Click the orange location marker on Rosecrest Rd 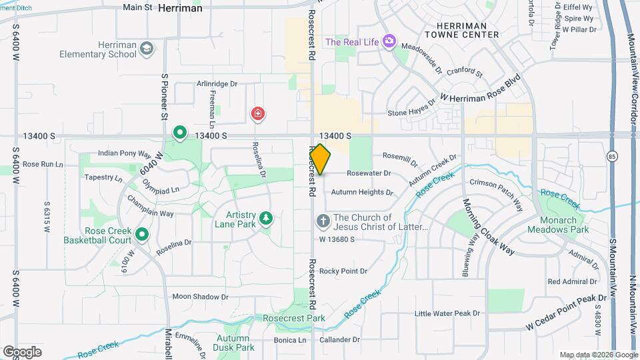(320, 159)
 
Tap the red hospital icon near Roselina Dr (257, 114)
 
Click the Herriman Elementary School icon (147, 47)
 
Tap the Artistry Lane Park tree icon (266, 218)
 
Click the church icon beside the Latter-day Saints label (323, 221)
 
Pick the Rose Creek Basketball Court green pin (142, 234)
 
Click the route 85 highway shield (612, 157)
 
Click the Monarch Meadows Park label (558, 225)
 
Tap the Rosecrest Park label (294, 318)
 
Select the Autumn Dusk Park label (235, 343)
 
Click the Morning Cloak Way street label (489, 227)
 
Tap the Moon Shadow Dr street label (200, 297)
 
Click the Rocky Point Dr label (343, 271)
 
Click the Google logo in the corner (22, 351)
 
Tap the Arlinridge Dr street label (217, 84)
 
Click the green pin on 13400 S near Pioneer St (179, 133)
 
